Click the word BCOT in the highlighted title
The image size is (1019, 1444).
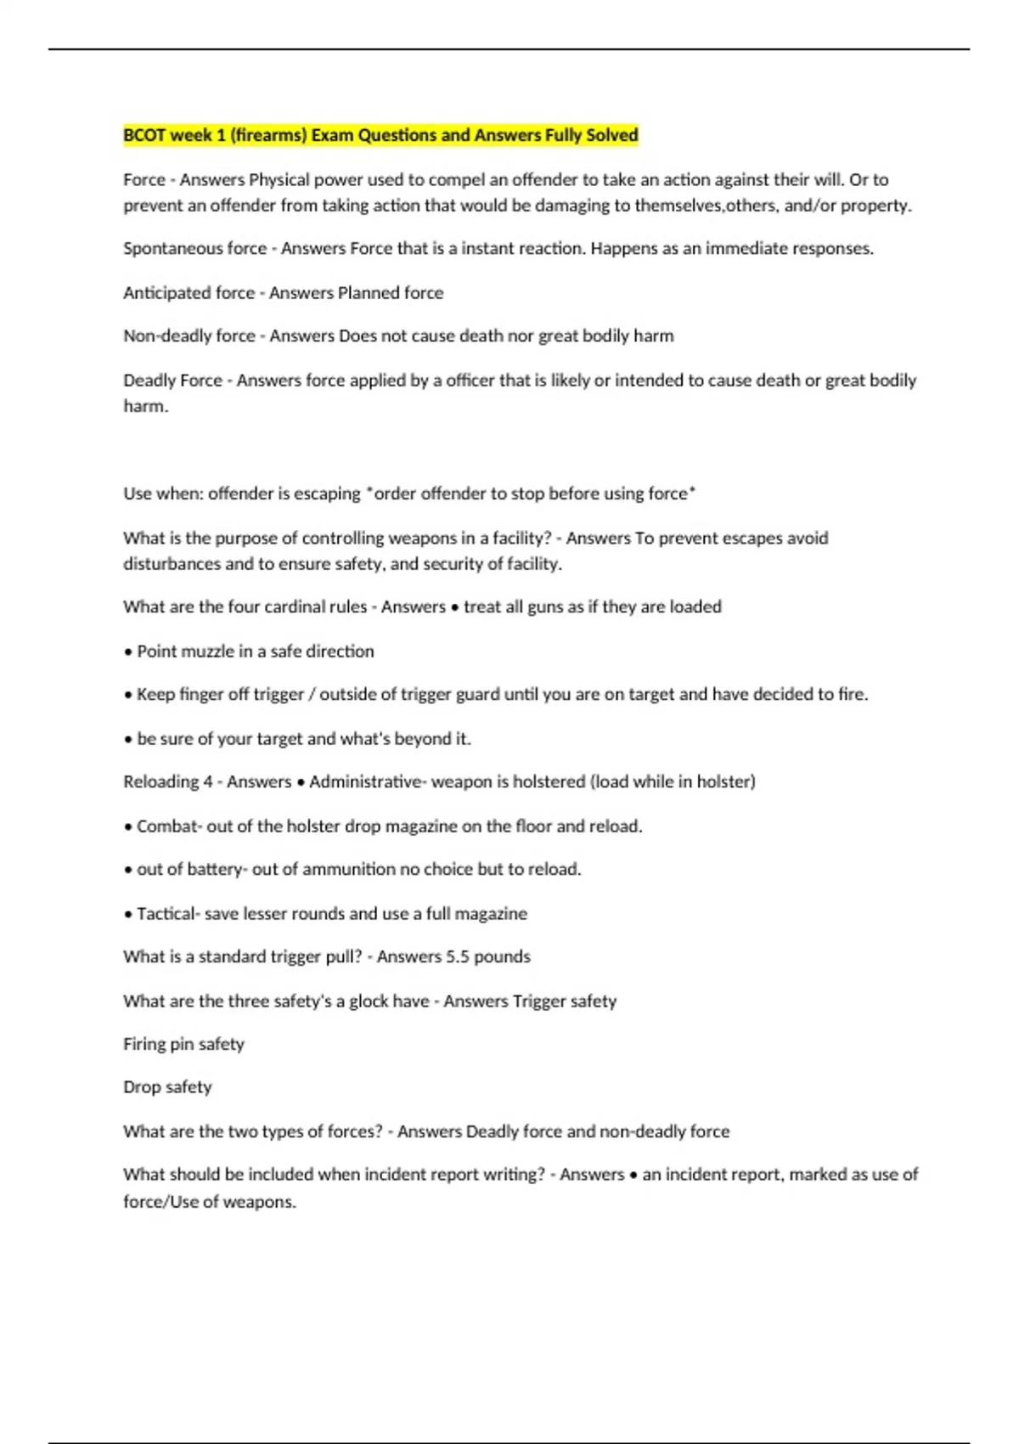click(x=144, y=135)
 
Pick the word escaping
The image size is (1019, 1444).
click(x=327, y=494)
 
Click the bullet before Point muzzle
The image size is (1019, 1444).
click(x=128, y=652)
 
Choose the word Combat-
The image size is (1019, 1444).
click(x=169, y=826)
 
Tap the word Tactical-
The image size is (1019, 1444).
click(x=168, y=914)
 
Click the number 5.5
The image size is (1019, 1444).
click(x=458, y=957)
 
